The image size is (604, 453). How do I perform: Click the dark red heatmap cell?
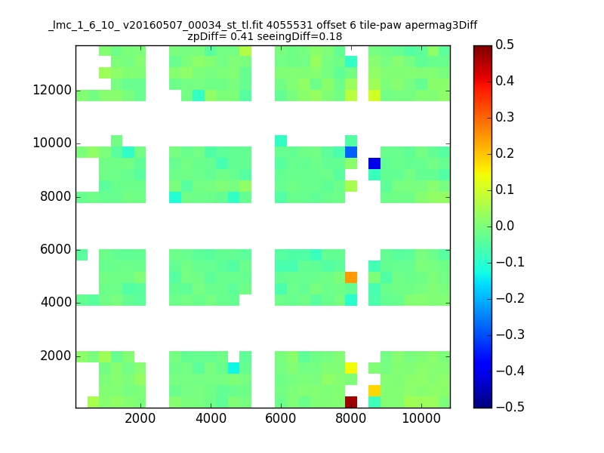coord(351,402)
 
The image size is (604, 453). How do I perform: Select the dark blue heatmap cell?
coord(374,163)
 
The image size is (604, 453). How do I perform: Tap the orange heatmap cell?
coord(351,277)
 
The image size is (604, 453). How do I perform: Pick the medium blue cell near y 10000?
coord(351,153)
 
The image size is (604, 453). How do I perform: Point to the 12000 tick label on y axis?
coord(52,90)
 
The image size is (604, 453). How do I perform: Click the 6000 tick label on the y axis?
coord(55,249)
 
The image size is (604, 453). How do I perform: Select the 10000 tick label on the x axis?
coord(421,418)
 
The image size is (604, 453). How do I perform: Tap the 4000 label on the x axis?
coord(211,418)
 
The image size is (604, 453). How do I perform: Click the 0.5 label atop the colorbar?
coord(504,45)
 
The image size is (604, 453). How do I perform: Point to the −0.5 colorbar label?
coord(510,407)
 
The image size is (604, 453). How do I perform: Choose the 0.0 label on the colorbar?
coord(504,226)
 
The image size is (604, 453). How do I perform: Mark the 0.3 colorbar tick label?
coord(504,117)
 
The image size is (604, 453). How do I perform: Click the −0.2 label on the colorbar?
coord(510,298)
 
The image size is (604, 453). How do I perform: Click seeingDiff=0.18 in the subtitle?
coord(299,36)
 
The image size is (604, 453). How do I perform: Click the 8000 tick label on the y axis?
coord(55,196)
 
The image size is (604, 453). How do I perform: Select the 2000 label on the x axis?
coord(140,418)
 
